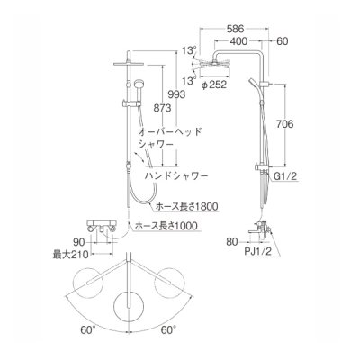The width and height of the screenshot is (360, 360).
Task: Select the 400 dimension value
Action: [238, 41]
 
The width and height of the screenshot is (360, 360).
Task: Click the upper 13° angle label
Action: [186, 51]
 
